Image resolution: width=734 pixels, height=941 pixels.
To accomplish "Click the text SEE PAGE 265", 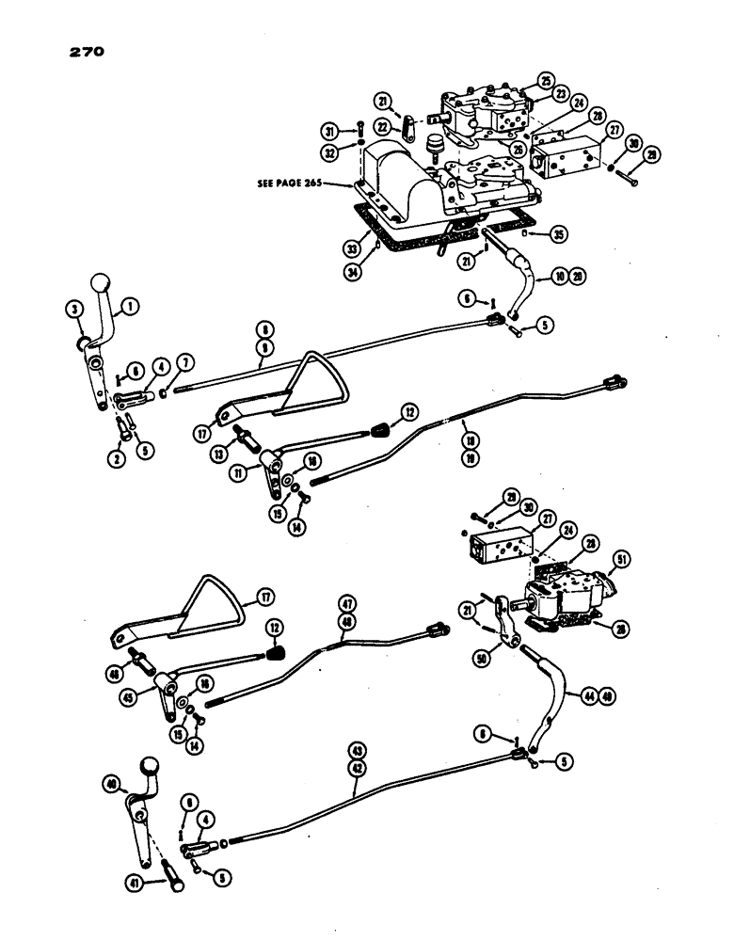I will (290, 183).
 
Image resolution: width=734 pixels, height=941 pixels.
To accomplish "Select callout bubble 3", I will (72, 308).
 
